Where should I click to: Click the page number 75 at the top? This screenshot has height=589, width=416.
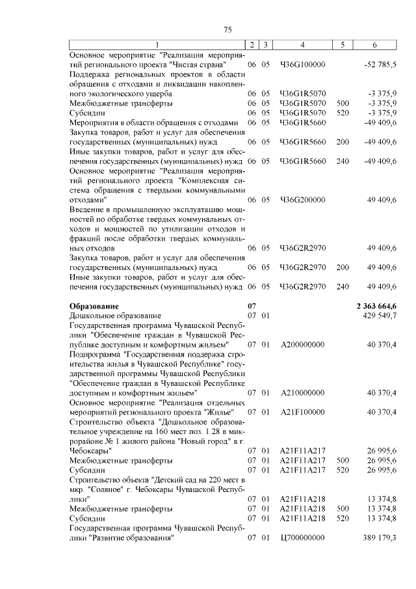pyautogui.click(x=227, y=30)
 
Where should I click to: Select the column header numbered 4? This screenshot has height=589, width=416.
pyautogui.click(x=302, y=44)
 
